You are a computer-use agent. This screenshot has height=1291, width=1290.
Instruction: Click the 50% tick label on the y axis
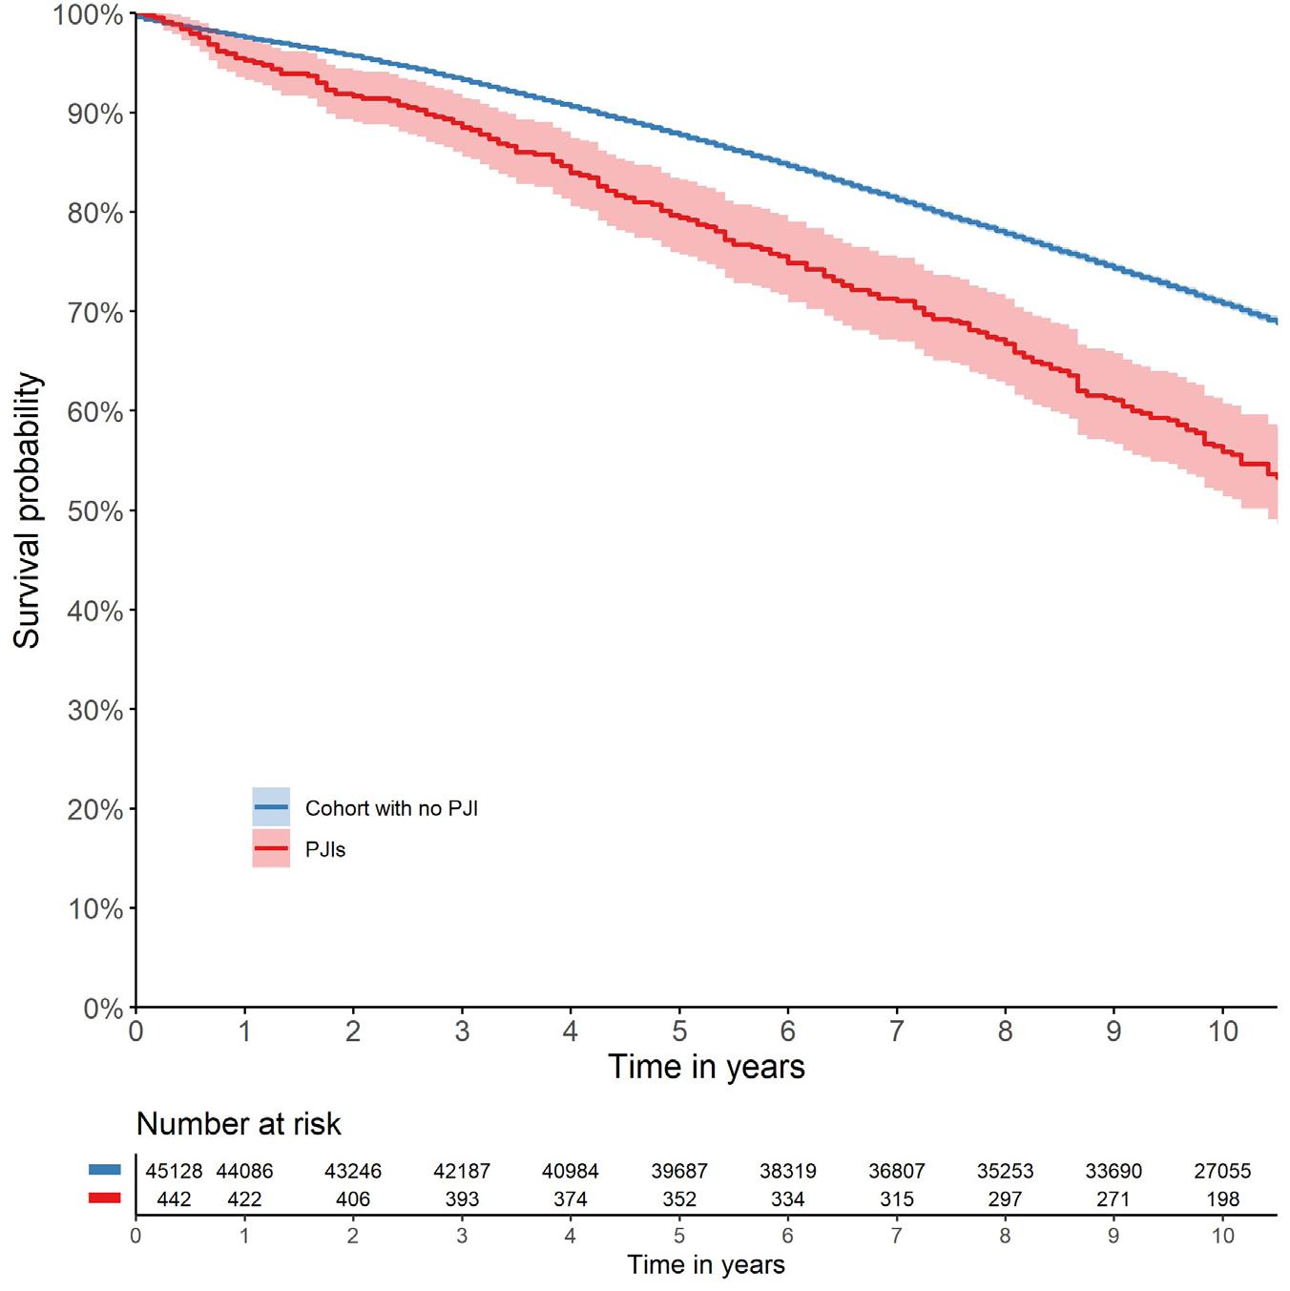[x=95, y=511]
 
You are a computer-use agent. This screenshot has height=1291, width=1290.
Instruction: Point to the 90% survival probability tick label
[x=95, y=115]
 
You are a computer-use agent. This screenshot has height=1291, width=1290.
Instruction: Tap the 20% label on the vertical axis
[x=95, y=810]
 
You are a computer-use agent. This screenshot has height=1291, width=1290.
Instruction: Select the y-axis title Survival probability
[x=28, y=510]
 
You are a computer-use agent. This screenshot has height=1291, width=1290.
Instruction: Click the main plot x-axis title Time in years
[x=706, y=1066]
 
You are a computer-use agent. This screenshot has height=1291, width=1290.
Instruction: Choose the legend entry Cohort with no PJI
[x=391, y=808]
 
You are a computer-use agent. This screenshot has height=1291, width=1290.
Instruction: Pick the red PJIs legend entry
[x=325, y=849]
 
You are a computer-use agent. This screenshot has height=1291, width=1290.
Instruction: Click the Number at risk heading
[x=239, y=1124]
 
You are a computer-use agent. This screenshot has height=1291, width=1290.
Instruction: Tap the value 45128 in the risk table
[x=174, y=1171]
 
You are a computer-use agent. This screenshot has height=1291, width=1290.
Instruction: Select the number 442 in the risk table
[x=174, y=1199]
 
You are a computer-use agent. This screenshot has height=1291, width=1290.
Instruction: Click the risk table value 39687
[x=679, y=1171]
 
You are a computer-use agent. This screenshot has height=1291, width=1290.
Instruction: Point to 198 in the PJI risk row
[x=1222, y=1199]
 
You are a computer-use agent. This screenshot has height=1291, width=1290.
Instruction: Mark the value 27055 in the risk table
[x=1222, y=1171]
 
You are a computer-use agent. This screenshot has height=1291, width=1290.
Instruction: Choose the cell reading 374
[x=571, y=1199]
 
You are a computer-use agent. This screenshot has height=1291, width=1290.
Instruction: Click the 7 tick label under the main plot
[x=897, y=1031]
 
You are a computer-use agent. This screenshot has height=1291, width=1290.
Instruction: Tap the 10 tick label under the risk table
[x=1222, y=1236]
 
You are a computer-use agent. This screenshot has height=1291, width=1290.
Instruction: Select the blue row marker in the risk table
[x=105, y=1170]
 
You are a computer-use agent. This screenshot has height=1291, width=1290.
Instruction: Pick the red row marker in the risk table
[x=105, y=1198]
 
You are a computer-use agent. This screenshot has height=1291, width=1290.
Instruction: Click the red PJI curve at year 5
[x=679, y=216]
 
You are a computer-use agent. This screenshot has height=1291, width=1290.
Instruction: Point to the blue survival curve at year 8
[x=1006, y=232]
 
